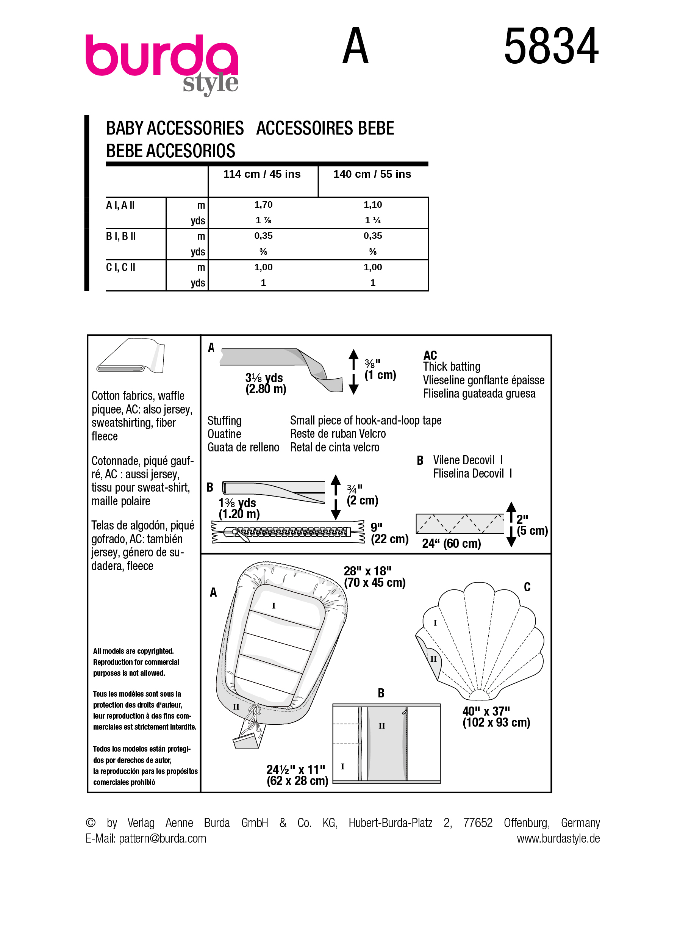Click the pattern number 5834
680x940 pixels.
click(x=551, y=46)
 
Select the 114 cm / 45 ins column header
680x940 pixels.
click(x=262, y=174)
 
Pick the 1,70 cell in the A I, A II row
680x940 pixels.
click(x=263, y=205)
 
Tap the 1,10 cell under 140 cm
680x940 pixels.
click(x=373, y=205)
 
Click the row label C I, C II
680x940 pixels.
click(x=120, y=267)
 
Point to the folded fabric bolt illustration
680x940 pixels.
click(x=130, y=356)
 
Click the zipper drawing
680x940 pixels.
click(x=288, y=532)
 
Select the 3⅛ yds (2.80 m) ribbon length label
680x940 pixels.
click(x=265, y=383)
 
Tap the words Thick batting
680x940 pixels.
click(x=452, y=367)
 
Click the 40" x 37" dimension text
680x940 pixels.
click(x=496, y=717)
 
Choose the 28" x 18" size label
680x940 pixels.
click(x=374, y=577)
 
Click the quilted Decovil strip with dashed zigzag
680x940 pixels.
click(x=460, y=524)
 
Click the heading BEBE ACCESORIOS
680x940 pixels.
click(x=170, y=151)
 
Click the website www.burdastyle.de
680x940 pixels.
click(x=558, y=838)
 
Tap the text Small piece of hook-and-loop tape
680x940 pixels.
click(x=366, y=420)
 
